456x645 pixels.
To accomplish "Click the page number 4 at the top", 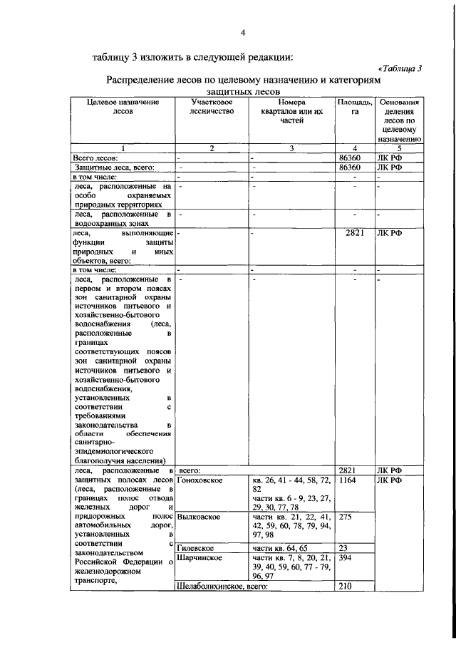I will click(x=242, y=32).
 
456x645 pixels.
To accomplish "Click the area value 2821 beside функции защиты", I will click(x=354, y=232).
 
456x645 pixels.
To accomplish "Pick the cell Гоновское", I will click(x=200, y=480).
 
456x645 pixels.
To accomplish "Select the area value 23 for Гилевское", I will click(x=345, y=547).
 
